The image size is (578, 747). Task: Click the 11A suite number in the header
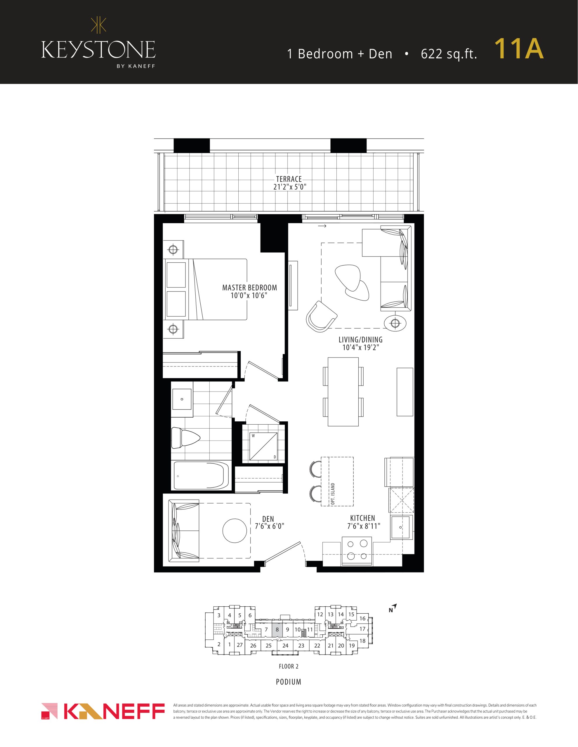(x=519, y=49)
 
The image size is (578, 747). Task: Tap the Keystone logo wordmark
(x=98, y=50)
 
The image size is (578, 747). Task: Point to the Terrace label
(x=289, y=179)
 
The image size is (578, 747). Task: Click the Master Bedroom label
(x=250, y=288)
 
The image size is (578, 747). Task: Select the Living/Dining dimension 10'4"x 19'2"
(x=361, y=348)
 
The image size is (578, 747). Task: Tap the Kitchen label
(x=363, y=518)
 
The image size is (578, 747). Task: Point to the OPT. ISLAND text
(x=333, y=494)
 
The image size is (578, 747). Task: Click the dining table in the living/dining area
(x=343, y=392)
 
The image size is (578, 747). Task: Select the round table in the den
(x=235, y=531)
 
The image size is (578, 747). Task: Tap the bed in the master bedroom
(x=206, y=289)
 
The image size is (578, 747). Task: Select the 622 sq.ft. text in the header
(x=449, y=54)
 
